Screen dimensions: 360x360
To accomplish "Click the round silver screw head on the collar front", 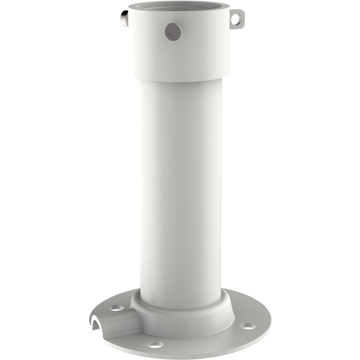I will [x=172, y=31].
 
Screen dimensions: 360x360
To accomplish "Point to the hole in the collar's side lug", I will [x=239, y=18].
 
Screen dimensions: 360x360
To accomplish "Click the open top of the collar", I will [x=180, y=9].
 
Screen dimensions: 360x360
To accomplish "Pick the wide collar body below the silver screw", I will [x=180, y=56].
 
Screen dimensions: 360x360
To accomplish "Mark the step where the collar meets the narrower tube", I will [x=180, y=78].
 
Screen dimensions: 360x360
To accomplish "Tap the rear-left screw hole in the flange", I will [x=116, y=308].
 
